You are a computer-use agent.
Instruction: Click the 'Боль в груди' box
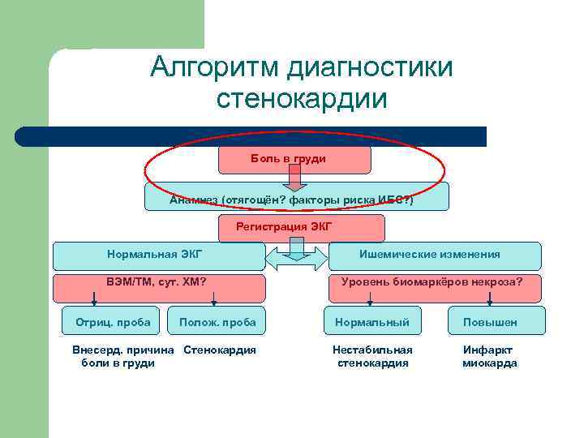(294, 160)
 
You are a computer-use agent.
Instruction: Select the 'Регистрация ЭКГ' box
(283, 226)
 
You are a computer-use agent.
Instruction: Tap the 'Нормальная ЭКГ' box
(158, 255)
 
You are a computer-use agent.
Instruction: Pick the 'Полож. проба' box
(217, 322)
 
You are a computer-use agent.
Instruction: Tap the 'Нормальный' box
(373, 322)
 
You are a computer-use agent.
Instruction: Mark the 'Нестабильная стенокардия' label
(373, 356)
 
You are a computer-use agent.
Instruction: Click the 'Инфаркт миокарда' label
(489, 356)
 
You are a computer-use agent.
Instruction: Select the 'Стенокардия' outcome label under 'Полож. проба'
(220, 350)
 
